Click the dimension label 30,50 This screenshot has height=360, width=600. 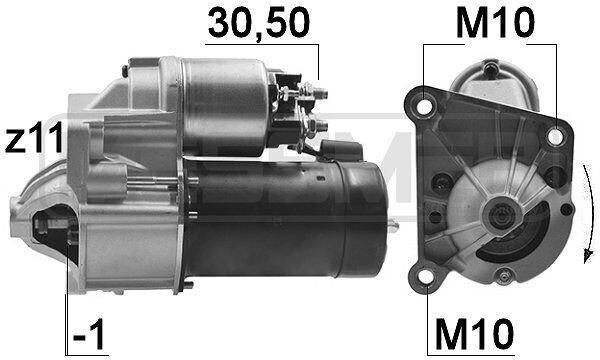[259, 23]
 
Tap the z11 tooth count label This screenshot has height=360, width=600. [34, 137]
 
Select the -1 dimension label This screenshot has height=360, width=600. [88, 334]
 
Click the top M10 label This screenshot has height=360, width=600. [495, 23]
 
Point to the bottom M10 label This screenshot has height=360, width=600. [474, 334]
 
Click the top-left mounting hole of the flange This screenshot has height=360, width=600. [424, 106]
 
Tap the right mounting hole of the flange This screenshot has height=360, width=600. [555, 137]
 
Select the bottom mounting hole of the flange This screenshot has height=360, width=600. [425, 276]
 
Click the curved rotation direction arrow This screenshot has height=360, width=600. [588, 214]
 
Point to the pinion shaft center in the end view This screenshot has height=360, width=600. [502, 217]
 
